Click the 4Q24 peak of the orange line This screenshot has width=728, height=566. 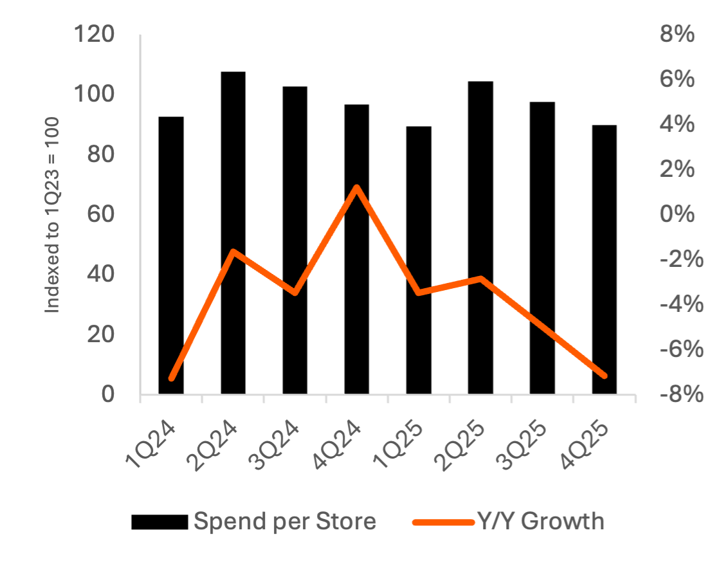click(x=356, y=187)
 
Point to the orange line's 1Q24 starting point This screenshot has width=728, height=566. click(x=171, y=378)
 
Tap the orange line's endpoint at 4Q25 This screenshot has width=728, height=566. click(x=604, y=376)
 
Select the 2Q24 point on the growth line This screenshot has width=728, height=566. click(x=233, y=251)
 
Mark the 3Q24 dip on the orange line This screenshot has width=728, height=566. click(x=295, y=293)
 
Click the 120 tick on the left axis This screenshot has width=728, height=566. click(x=95, y=34)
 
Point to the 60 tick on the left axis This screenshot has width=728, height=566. click(x=102, y=214)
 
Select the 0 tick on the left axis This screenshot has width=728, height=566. click(x=108, y=394)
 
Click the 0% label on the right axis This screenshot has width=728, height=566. click(x=677, y=214)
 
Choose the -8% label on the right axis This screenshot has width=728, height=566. click(x=677, y=394)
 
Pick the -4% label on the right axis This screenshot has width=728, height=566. click(x=677, y=304)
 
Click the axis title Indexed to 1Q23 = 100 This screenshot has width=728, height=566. click(x=53, y=215)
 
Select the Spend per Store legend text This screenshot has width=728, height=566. click(x=285, y=521)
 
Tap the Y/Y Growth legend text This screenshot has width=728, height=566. click(x=540, y=521)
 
